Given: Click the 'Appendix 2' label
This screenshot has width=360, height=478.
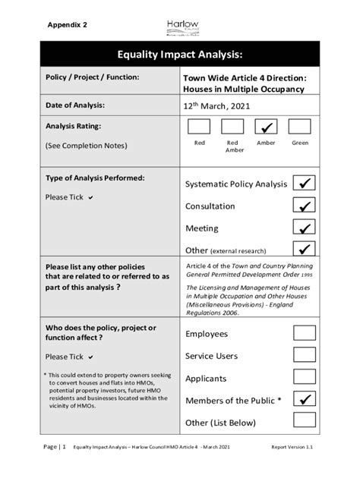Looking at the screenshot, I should click(x=67, y=25).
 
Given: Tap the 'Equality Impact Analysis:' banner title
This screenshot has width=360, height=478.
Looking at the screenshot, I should click(x=179, y=55).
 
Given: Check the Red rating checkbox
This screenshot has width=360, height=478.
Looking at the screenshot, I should click(x=199, y=127).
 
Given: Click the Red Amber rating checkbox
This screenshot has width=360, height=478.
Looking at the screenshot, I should click(x=232, y=127).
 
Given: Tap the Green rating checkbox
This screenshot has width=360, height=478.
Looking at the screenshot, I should click(x=300, y=127).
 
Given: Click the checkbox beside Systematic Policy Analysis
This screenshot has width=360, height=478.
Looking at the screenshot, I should click(x=305, y=184).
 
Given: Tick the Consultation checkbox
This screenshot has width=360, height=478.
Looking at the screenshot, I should click(x=305, y=206).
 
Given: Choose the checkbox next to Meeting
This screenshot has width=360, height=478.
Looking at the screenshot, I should click(x=305, y=228).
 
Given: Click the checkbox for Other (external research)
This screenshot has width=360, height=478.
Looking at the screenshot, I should click(x=305, y=249).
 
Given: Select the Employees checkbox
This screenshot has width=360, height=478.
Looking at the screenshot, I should click(x=305, y=333).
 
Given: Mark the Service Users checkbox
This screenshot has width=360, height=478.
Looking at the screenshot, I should click(x=305, y=355).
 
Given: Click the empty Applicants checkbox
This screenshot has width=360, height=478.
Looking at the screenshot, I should click(x=305, y=377).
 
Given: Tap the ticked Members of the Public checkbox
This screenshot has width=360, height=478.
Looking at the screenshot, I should click(x=305, y=399).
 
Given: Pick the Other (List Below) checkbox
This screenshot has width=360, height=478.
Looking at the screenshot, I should click(x=305, y=421).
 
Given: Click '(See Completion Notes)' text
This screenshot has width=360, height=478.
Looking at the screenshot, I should click(x=86, y=145).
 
